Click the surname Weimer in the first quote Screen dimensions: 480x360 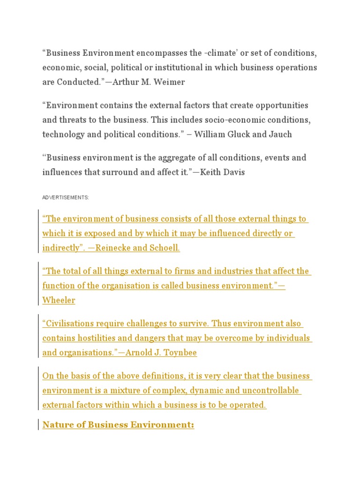pos(169,82)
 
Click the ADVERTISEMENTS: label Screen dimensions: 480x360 pos(66,198)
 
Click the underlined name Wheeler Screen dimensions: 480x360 pos(59,300)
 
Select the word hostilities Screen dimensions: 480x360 pos(96,338)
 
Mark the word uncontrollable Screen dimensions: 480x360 pos(274,391)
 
